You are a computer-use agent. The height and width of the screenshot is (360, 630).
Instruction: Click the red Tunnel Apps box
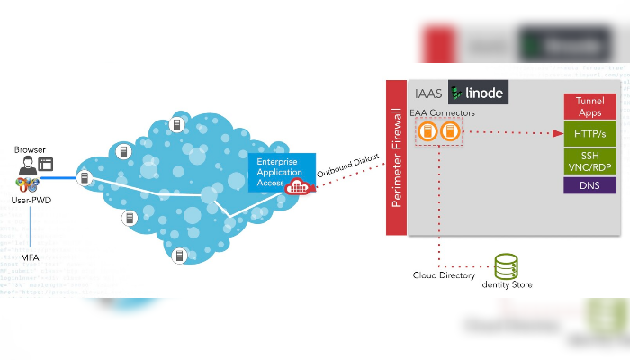[589, 108]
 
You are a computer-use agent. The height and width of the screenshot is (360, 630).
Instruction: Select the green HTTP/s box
[589, 135]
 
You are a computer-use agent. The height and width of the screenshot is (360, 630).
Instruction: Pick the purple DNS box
[589, 185]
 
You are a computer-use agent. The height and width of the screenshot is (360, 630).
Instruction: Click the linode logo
[478, 93]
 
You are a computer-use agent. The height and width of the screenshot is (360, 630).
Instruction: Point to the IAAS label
[430, 94]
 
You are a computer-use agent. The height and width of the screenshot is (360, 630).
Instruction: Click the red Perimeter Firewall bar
[396, 157]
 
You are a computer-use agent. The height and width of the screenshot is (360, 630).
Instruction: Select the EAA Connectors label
[442, 112]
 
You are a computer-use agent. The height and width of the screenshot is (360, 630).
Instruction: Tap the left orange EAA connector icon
[427, 132]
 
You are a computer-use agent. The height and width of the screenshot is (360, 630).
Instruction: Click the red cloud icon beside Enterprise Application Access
[297, 186]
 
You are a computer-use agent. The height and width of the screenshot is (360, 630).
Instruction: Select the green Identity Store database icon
[507, 266]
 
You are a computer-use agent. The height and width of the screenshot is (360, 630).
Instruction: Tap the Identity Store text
[506, 285]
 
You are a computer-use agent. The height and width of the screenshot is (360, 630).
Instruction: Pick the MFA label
[30, 257]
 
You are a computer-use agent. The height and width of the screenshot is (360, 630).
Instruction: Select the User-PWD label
[31, 199]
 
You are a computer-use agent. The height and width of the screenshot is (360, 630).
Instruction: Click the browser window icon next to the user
[46, 165]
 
